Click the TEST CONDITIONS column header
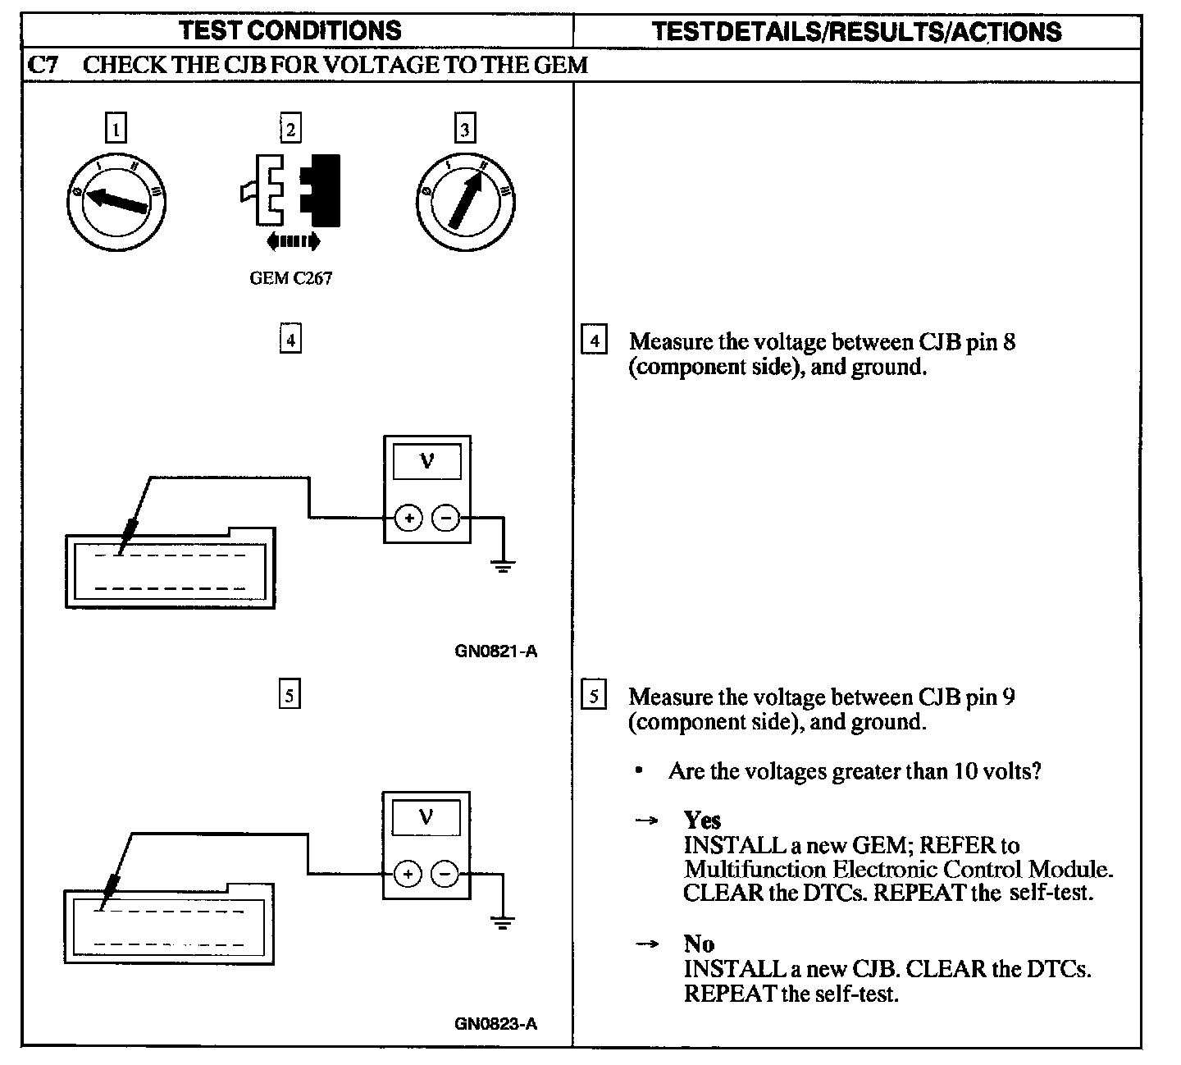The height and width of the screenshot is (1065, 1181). (x=290, y=31)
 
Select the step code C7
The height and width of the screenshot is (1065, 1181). (x=42, y=66)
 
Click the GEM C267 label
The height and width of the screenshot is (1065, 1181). (x=290, y=278)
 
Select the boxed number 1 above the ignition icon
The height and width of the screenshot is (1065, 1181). (x=116, y=129)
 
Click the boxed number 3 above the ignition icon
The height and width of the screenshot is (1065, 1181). (x=465, y=129)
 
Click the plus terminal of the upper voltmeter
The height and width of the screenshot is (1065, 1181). (x=408, y=518)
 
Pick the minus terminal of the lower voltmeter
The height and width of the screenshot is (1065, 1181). (x=445, y=874)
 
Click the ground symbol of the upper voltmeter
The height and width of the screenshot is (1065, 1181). (x=502, y=564)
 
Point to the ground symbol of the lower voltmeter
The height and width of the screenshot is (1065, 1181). (x=501, y=921)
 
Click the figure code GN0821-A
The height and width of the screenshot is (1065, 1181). (x=495, y=652)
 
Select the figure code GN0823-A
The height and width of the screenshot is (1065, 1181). (x=495, y=1024)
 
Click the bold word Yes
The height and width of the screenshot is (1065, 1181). (x=702, y=820)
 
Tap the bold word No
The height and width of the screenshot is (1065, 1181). (x=699, y=944)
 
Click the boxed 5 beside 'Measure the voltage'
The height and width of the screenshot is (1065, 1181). (x=594, y=697)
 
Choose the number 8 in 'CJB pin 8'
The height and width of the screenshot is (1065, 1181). (x=1009, y=341)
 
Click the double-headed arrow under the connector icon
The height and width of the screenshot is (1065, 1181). (x=293, y=240)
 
